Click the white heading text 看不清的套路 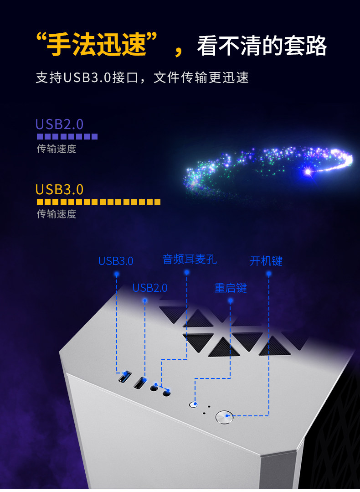coord(262,46)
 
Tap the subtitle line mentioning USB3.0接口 coord(142,77)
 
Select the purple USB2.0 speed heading coord(59,124)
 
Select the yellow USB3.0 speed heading coord(59,189)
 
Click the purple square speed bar coord(67,136)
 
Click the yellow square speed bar coord(98,202)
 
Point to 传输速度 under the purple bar coord(57,149)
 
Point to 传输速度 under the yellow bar coord(57,214)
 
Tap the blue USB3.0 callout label coord(116,261)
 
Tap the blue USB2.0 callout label coord(150,288)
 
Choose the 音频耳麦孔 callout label coord(190,259)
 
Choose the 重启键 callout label coord(231,288)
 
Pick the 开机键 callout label coord(266,261)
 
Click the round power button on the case coord(224,417)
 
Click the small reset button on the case coord(193,404)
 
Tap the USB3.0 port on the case coord(124,377)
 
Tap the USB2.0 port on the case coord(139,382)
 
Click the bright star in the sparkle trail coord(308,172)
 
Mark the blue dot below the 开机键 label coord(269,274)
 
